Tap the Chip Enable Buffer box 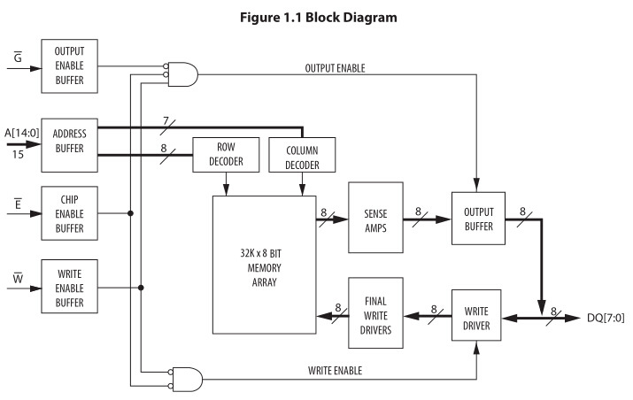(69, 213)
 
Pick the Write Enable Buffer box (69, 288)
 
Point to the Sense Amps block (376, 214)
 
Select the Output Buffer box (478, 214)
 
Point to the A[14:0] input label (19, 134)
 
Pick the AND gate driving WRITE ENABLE (187, 378)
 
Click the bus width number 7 (165, 119)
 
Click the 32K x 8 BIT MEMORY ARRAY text (265, 265)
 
